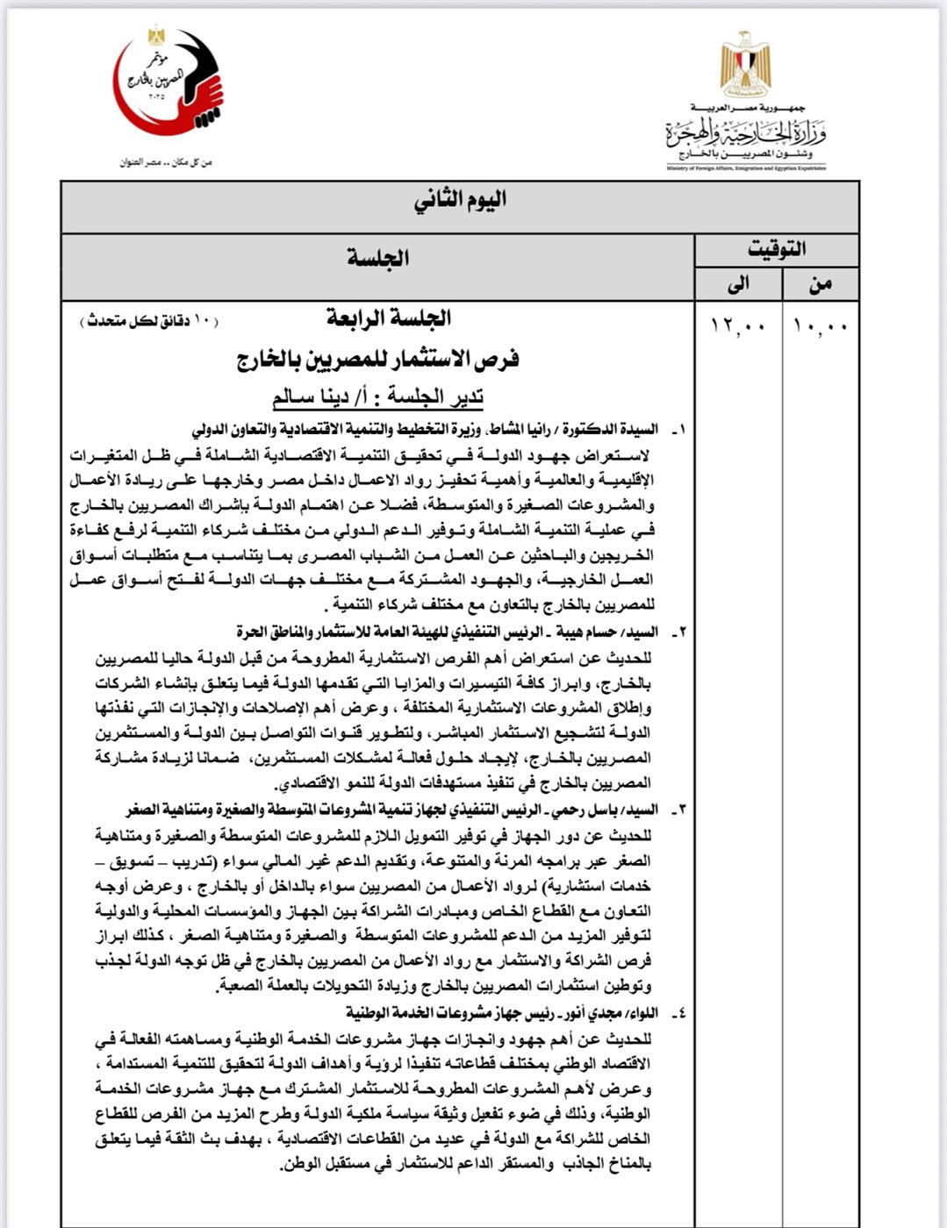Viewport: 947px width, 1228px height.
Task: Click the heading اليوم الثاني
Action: (460, 202)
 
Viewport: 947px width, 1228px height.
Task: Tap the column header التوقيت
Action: (776, 249)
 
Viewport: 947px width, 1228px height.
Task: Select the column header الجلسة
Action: (377, 258)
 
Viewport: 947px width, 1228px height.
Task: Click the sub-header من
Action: (820, 283)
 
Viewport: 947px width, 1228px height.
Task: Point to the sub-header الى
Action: (739, 283)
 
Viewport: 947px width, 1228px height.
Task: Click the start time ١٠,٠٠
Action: (820, 326)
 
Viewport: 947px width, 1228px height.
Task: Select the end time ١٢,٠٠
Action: (738, 326)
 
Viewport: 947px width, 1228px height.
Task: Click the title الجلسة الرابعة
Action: (389, 318)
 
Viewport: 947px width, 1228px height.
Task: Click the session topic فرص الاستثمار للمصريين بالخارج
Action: (377, 360)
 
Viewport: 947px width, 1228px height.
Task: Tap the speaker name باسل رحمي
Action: (590, 810)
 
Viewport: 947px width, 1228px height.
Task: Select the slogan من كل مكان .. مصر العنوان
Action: (167, 162)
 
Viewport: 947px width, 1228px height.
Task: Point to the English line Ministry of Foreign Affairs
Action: (745, 168)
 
